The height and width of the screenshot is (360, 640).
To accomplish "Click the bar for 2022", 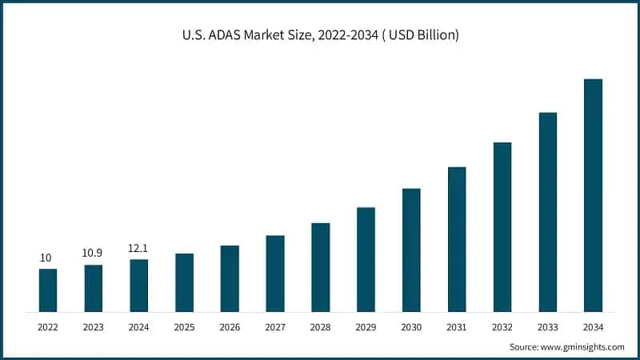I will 48,290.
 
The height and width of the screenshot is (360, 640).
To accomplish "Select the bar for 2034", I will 593,195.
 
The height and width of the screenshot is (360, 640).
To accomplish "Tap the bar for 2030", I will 411,250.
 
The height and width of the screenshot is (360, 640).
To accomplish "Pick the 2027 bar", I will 275,273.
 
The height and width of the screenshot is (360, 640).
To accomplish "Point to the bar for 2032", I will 502,226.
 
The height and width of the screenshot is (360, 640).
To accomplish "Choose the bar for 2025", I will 184,282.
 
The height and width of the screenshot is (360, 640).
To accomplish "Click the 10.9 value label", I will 94,253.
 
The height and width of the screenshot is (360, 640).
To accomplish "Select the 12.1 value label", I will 138,247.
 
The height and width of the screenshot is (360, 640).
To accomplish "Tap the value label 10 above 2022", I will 47,258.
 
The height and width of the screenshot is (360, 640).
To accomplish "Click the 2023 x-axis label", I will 94,327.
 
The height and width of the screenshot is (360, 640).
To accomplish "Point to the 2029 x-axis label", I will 366,327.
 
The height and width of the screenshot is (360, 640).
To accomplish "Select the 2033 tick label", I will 547,327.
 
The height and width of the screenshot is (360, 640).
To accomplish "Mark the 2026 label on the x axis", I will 230,327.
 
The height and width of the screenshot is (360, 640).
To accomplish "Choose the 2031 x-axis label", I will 457,327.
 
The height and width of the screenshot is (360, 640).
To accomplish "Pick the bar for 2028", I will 320,266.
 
